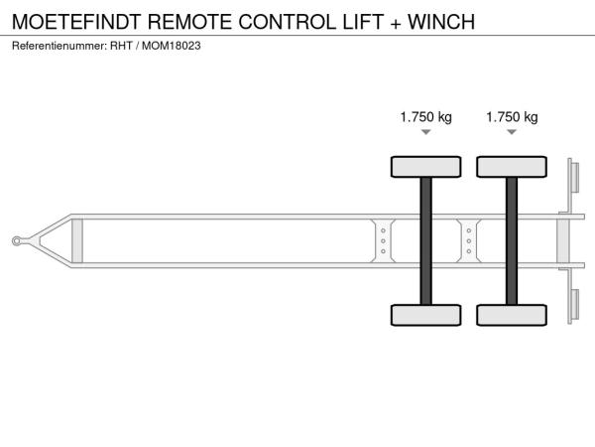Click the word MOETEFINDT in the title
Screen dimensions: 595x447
click(76, 22)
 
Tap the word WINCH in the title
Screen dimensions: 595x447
click(441, 22)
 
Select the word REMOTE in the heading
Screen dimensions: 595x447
click(189, 22)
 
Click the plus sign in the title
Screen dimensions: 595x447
click(396, 23)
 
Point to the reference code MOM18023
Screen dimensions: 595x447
click(172, 46)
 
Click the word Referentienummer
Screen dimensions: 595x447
click(59, 46)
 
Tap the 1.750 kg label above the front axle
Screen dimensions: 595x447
click(425, 117)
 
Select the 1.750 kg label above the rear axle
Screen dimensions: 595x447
click(512, 117)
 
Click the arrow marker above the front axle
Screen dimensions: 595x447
click(426, 132)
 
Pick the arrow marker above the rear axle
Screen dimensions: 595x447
click(512, 132)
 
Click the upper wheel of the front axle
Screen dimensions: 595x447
click(425, 167)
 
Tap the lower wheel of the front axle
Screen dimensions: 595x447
click(425, 315)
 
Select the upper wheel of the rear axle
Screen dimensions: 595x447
click(512, 167)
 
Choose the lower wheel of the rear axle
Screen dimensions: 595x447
click(512, 315)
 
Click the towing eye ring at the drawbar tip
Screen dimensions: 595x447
click(16, 241)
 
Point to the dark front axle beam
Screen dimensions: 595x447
click(425, 241)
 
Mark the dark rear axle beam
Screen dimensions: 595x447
click(512, 241)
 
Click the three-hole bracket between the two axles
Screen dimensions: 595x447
click(469, 241)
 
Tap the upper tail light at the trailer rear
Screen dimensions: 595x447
click(574, 178)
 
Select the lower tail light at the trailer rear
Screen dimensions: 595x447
click(574, 304)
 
